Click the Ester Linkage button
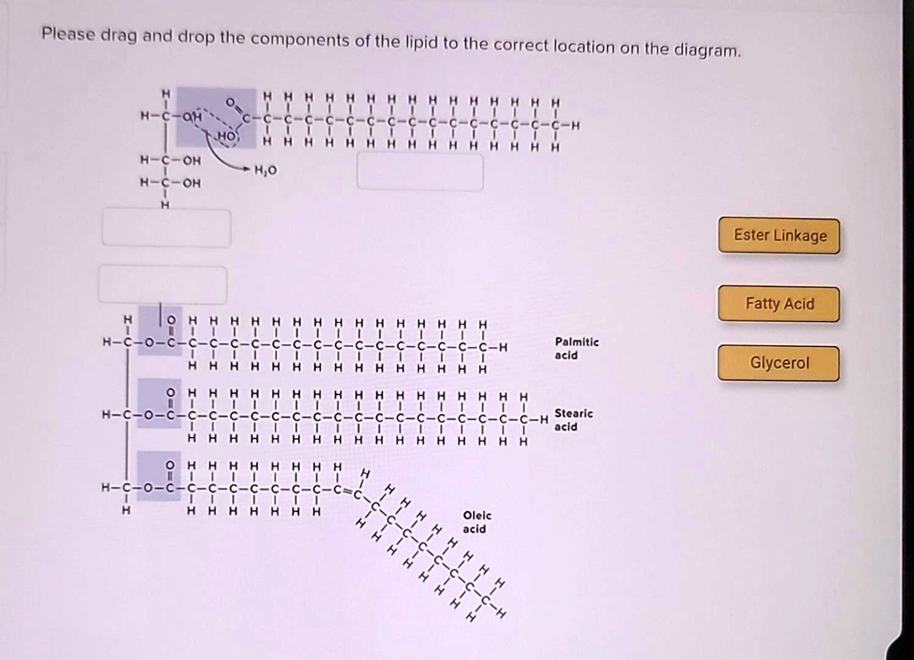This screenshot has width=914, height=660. [778, 235]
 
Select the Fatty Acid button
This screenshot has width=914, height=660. [778, 303]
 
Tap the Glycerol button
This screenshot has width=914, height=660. [778, 363]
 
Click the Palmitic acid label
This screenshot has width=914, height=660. [577, 349]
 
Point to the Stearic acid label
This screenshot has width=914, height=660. [574, 420]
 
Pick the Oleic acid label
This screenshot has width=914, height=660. [477, 522]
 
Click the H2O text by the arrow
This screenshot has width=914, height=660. [265, 170]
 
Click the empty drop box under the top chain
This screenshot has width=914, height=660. [420, 172]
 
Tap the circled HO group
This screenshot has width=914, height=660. [227, 136]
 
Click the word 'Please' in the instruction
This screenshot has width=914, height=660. [68, 34]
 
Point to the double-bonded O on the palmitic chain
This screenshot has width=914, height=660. [170, 320]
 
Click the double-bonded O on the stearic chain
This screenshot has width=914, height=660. [170, 393]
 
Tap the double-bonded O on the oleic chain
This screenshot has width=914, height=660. [170, 466]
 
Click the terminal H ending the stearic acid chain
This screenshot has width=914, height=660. [544, 419]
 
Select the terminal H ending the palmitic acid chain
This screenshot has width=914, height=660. [503, 348]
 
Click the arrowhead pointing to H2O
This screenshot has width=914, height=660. [246, 169]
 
